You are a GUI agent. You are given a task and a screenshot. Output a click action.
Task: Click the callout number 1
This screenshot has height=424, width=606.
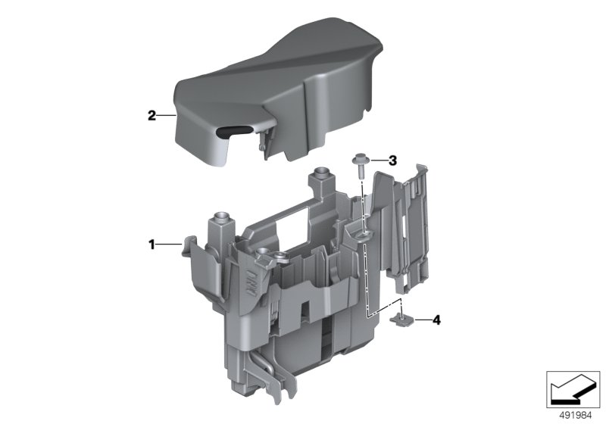coord(152,244)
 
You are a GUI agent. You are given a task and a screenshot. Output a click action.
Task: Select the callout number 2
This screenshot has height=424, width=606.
coord(151,115)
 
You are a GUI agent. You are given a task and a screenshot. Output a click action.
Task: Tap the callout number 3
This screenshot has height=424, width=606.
coord(392,161)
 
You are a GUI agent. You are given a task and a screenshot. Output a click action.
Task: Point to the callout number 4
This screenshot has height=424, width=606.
coord(436,320)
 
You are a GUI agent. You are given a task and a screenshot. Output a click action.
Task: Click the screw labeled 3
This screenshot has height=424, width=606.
coord(359,165)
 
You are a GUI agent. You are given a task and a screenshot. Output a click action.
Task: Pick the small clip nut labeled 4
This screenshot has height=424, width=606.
coord(401,319)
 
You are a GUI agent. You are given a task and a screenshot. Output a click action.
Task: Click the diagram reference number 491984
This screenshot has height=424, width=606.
coord(576,416)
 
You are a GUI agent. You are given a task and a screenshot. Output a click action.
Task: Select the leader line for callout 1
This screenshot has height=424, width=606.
coord(168,244)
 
